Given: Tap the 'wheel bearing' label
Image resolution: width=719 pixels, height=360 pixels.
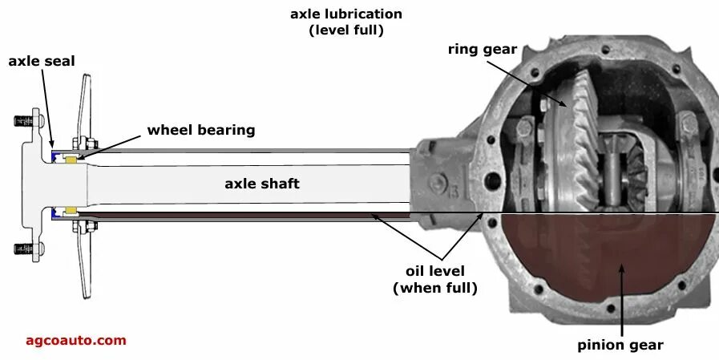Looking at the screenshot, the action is click(x=201, y=130).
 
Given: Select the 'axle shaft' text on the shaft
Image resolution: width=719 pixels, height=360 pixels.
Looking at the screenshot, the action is click(x=261, y=184).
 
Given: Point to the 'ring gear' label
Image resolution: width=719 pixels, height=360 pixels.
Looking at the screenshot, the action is click(x=482, y=48).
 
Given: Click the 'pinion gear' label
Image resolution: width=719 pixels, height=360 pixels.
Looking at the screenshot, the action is click(x=620, y=346).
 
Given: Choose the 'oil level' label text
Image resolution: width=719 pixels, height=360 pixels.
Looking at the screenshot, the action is click(x=434, y=271).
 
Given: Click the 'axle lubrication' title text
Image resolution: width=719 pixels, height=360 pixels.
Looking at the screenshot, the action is click(x=346, y=14).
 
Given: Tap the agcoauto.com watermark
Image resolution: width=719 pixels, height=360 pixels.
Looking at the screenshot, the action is click(x=76, y=340).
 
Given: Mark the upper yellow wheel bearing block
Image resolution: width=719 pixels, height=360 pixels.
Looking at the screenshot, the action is click(x=71, y=160).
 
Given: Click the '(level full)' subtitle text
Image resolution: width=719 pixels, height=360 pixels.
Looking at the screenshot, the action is click(x=346, y=30).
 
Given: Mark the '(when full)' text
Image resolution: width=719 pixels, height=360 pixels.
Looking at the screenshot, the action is click(x=434, y=288).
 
